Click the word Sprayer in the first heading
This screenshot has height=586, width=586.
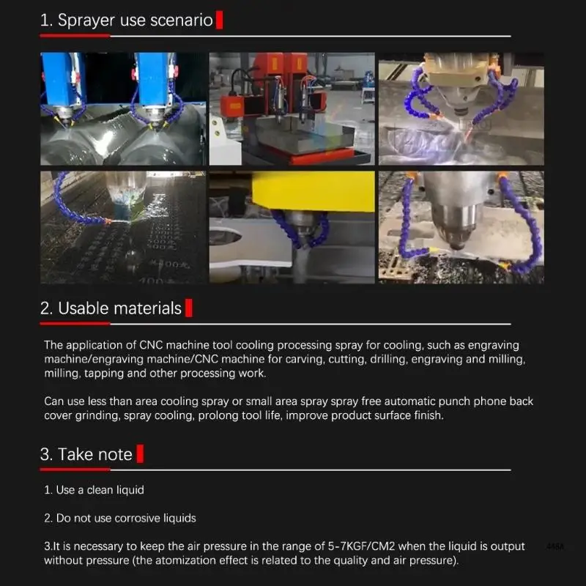pyautogui.click(x=86, y=21)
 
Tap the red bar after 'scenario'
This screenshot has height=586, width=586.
pyautogui.click(x=219, y=20)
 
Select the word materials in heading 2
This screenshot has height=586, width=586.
pyautogui.click(x=148, y=308)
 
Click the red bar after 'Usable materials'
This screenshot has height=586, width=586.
pyautogui.click(x=189, y=308)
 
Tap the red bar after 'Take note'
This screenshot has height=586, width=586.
pyautogui.click(x=140, y=453)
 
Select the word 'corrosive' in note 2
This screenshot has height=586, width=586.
pyautogui.click(x=133, y=519)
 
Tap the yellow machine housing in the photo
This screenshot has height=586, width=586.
pyautogui.click(x=314, y=191)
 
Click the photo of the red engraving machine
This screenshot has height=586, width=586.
pyautogui.click(x=292, y=108)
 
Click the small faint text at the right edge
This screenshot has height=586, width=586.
pyautogui.click(x=555, y=546)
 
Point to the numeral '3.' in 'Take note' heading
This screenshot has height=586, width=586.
pyautogui.click(x=46, y=454)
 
